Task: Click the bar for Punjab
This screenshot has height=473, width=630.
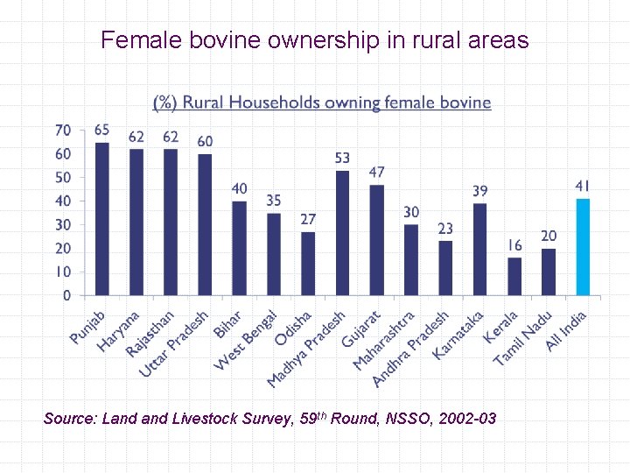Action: coord(101,218)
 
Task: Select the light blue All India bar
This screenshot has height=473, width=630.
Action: coord(583,246)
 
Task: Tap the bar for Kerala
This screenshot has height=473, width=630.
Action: coord(514,276)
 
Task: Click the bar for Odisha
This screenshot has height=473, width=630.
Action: coord(308,263)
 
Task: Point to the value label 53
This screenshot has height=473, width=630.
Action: coord(342,158)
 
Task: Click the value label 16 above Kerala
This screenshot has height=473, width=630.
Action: coord(514,246)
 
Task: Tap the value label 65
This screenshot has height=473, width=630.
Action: coord(102,130)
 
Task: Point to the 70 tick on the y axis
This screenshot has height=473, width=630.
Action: coord(63,131)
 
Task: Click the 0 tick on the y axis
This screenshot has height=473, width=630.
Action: coord(67,296)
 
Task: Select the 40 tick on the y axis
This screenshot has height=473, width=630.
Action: coord(63,201)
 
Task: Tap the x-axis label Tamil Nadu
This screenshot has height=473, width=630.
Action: coord(523,338)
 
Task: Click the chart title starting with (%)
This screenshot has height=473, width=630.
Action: coord(322,102)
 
